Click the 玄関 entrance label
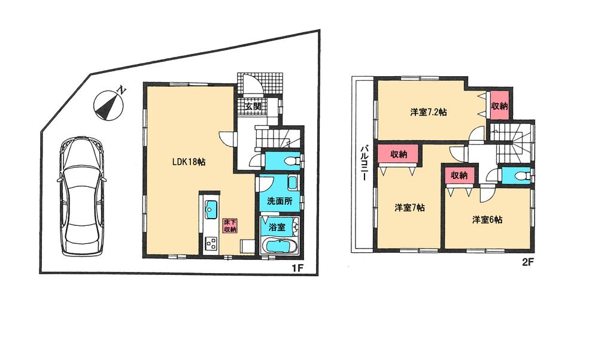point(252,107)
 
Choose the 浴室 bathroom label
point(276,227)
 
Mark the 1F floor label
point(298,268)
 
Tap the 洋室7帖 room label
point(409,208)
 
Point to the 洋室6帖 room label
point(487,220)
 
